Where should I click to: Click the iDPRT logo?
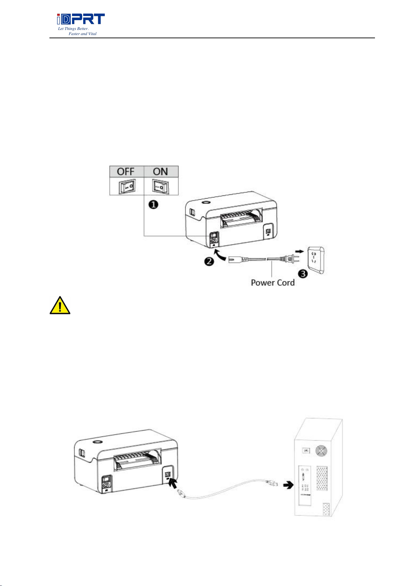click(81, 19)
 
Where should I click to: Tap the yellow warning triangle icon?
click(60, 306)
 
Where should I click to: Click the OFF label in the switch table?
click(126, 171)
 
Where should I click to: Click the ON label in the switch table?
click(160, 171)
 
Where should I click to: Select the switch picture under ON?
click(160, 186)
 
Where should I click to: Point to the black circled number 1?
click(153, 204)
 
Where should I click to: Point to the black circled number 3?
click(304, 274)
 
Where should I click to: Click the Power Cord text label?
click(273, 283)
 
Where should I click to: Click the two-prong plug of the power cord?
click(291, 258)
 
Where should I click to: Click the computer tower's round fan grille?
click(321, 451)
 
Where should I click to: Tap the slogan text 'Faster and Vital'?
click(83, 34)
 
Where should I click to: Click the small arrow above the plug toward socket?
click(299, 250)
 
